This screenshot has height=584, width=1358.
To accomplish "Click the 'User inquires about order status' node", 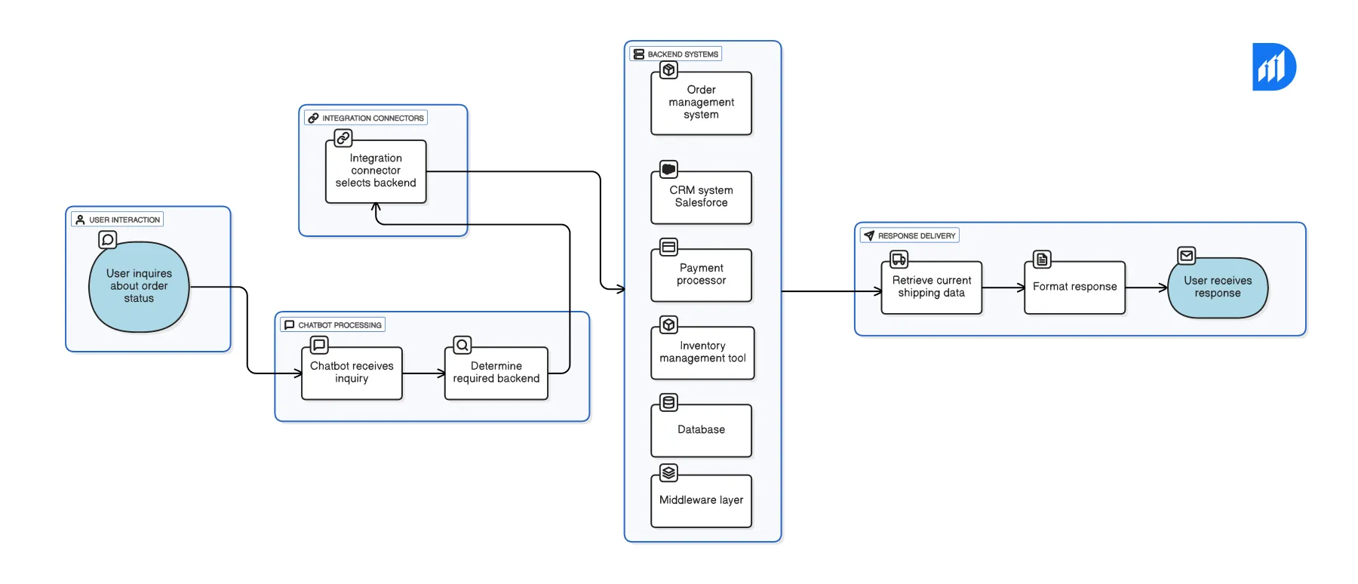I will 139,287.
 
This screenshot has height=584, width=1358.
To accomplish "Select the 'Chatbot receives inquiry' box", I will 352,373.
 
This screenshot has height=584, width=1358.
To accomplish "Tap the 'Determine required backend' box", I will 496,373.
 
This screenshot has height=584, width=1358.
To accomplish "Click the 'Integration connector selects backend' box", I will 376,171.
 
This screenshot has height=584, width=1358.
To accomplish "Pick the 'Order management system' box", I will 701,103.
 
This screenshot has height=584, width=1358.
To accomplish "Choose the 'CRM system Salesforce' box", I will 701,197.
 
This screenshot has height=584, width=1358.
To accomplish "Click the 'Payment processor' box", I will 701,275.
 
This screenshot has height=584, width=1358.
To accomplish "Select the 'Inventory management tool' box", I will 702,352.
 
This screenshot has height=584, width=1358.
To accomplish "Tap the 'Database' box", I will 701,430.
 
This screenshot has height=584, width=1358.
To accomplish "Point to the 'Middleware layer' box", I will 701,500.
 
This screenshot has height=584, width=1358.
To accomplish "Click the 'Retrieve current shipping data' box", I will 931,287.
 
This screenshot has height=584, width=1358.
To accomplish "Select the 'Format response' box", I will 1074,287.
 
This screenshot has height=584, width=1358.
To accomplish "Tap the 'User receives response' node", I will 1217,287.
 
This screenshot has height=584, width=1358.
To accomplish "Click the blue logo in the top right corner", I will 1274,67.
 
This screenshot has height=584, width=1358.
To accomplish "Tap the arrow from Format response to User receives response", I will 1146,287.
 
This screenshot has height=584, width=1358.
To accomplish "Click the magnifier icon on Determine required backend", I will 462,346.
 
